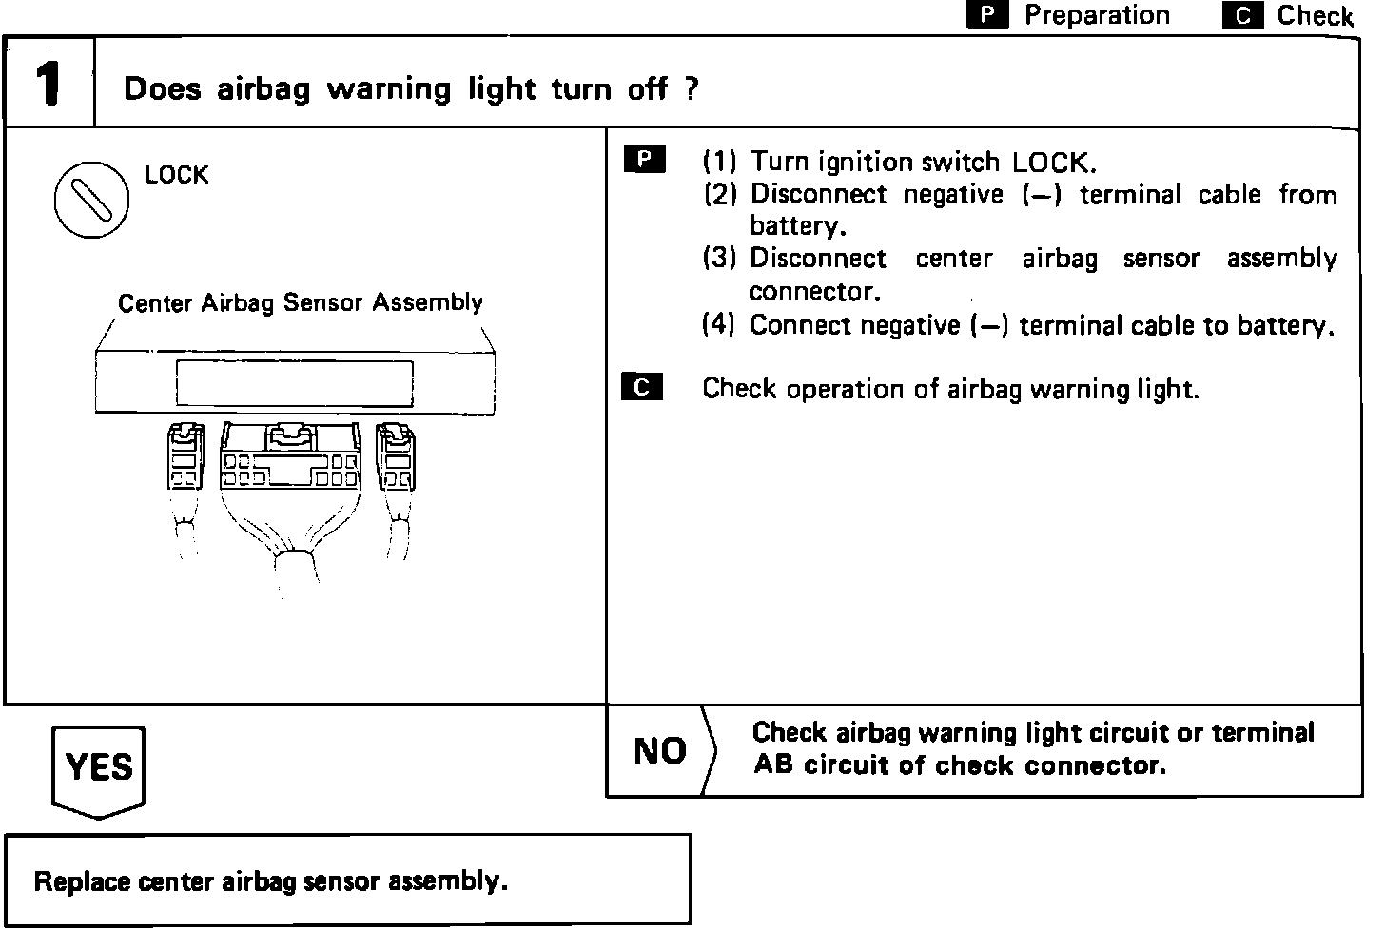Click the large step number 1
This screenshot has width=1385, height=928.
point(49,84)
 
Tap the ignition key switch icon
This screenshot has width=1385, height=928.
point(91,201)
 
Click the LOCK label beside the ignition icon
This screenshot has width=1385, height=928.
point(176,175)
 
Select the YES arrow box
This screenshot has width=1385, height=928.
point(98,769)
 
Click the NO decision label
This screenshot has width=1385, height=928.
point(660,751)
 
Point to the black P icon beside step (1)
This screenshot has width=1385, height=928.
point(645,160)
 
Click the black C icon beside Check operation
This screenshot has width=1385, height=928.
point(642,387)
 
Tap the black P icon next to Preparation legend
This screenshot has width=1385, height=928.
point(987,15)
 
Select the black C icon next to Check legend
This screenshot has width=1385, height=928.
point(1242,16)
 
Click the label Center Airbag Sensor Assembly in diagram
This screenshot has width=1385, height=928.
point(300,302)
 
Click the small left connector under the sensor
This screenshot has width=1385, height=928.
point(184,457)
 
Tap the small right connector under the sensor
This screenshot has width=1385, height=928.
point(396,457)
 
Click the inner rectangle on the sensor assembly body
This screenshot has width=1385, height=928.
point(294,382)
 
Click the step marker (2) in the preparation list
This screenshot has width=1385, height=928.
point(720,194)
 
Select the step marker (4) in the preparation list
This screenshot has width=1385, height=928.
point(719,325)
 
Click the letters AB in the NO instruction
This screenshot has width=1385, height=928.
point(772,764)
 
